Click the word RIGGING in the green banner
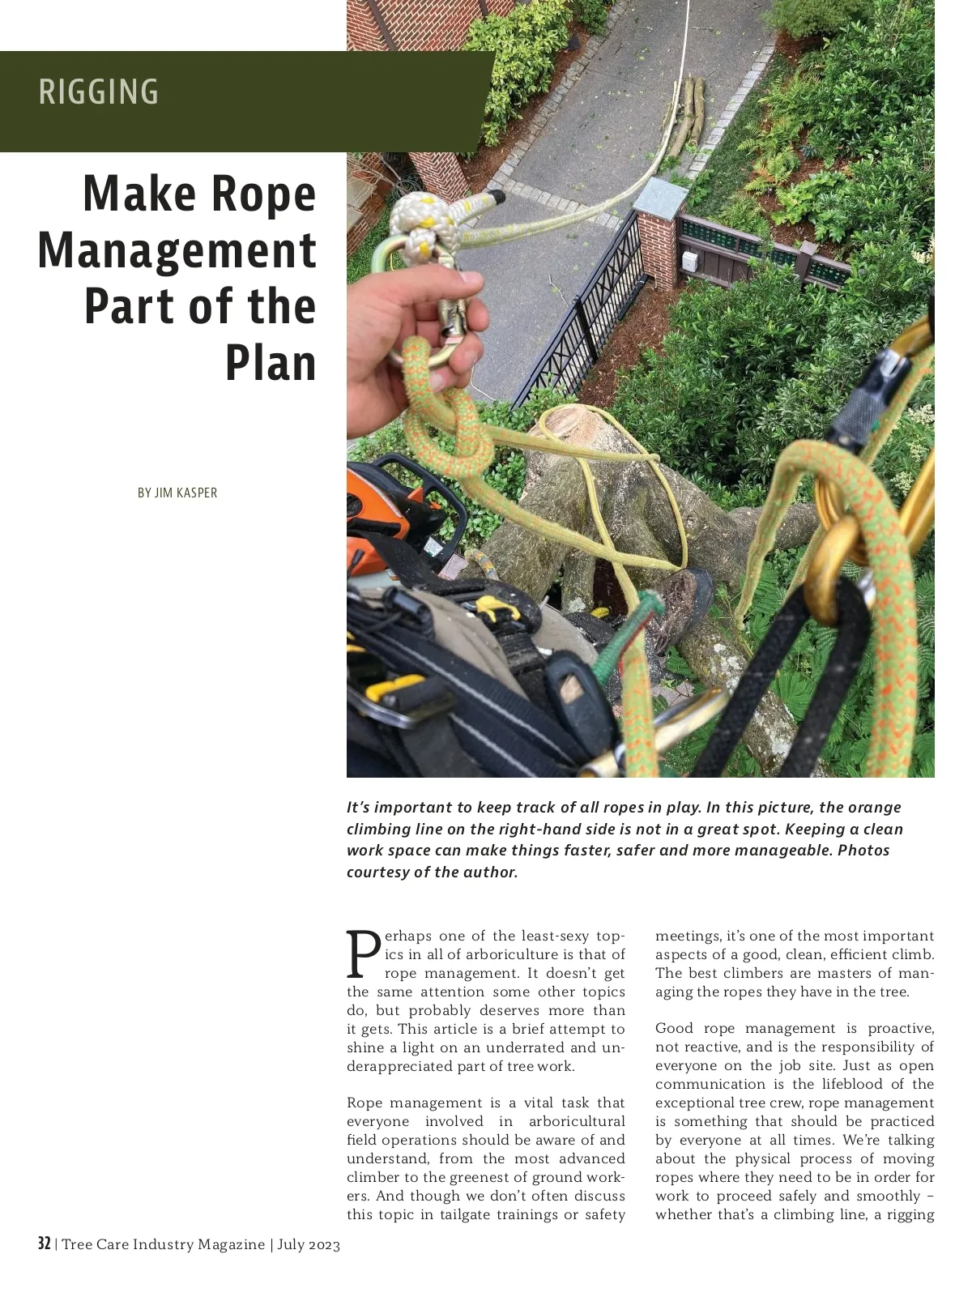[x=99, y=92]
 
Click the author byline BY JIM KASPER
[x=177, y=493]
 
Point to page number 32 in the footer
[x=45, y=1243]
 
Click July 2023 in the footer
[x=309, y=1244]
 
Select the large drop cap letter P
[x=363, y=954]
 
